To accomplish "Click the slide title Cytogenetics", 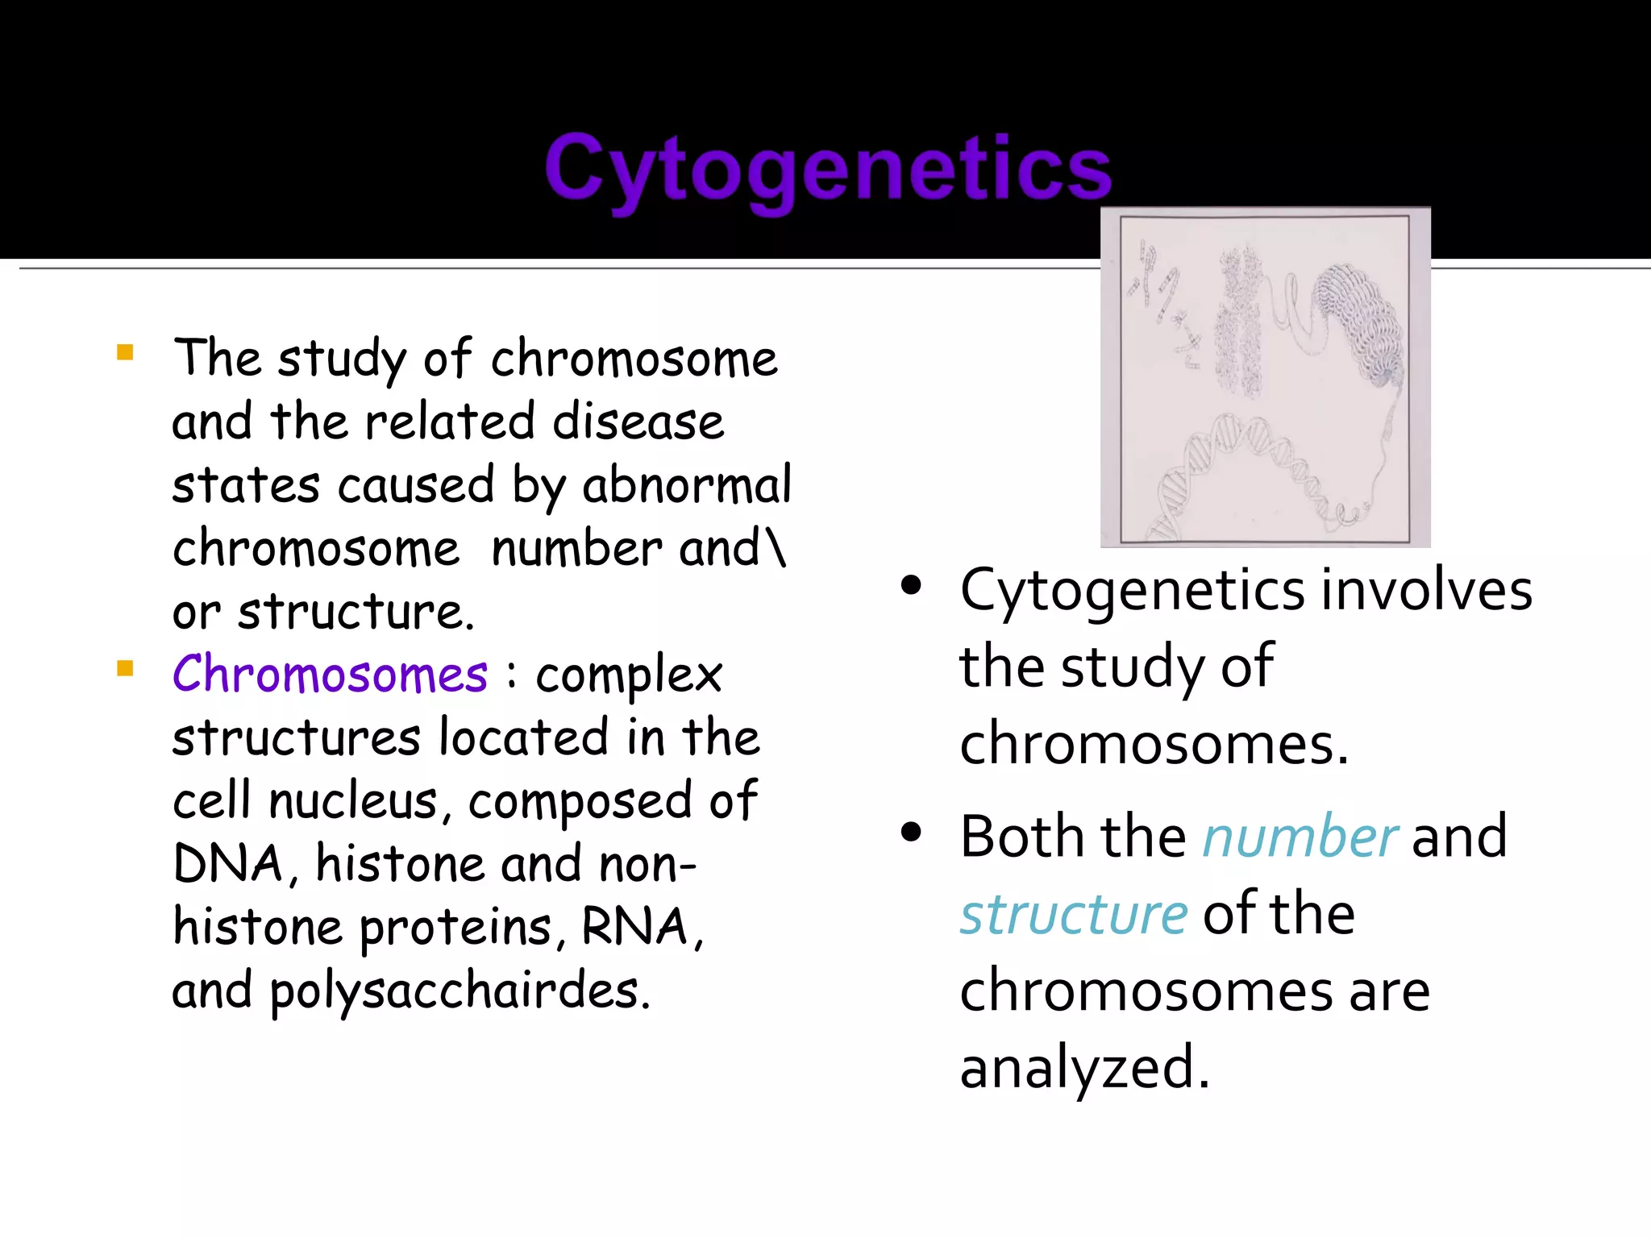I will [x=828, y=168].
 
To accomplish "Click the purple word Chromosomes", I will [x=330, y=674].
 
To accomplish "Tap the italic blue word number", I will [x=1300, y=837].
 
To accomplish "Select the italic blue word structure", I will [x=1073, y=914].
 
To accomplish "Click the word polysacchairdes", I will [x=460, y=991].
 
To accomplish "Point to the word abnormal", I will [x=687, y=485].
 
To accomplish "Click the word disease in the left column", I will [x=638, y=422].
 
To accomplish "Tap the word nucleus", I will [x=353, y=800].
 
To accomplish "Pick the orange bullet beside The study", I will [x=125, y=352].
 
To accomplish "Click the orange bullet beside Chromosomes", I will [x=125, y=668].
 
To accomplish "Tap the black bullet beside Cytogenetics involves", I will [x=911, y=586].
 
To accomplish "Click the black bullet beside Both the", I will [x=911, y=833].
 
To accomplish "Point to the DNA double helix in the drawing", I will [x=1241, y=467].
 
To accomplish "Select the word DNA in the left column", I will [x=227, y=864].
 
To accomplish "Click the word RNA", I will [x=634, y=927].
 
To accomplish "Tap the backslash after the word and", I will [x=776, y=548].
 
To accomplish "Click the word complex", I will [x=629, y=675].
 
